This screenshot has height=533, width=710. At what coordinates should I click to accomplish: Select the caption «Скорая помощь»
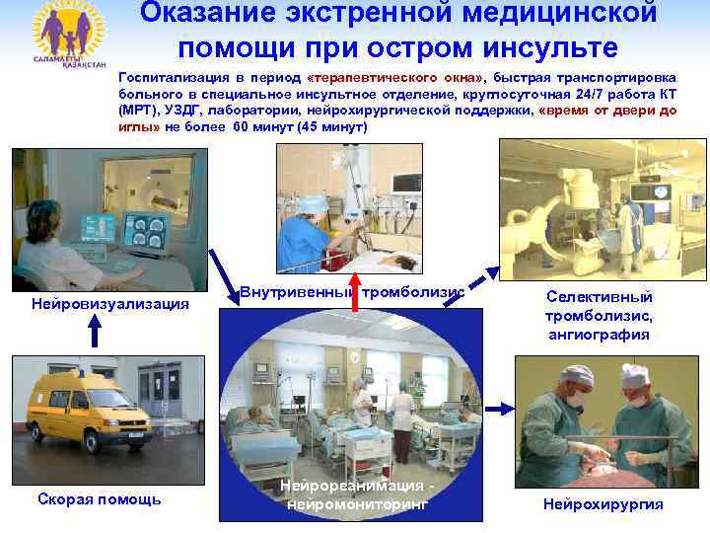[99, 500]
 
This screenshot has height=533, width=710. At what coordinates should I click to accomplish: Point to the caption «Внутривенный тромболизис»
[351, 292]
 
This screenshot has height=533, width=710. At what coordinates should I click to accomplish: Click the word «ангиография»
[600, 335]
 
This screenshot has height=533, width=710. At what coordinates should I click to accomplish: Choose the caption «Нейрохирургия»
[603, 504]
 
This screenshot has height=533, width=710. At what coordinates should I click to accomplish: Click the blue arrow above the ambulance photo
[95, 334]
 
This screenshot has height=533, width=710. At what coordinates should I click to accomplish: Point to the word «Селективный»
[599, 297]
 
